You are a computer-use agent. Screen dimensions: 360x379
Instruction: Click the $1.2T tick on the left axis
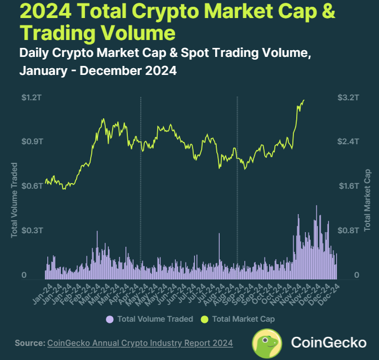pyautogui.click(x=32, y=97)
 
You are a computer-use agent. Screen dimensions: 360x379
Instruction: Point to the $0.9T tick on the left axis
pyautogui.click(x=32, y=141)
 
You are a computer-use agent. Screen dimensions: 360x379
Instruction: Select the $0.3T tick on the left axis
pyautogui.click(x=32, y=230)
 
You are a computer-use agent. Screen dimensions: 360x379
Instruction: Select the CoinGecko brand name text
pyautogui.click(x=328, y=343)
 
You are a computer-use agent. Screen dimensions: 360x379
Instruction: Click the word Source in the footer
pyautogui.click(x=29, y=343)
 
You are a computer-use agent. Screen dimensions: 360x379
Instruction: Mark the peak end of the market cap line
pyautogui.click(x=304, y=100)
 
